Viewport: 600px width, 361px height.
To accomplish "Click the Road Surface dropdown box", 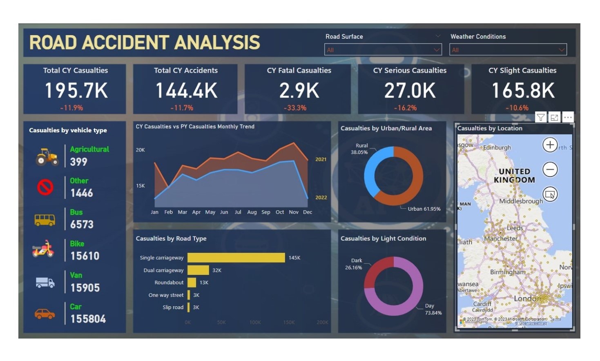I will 383,50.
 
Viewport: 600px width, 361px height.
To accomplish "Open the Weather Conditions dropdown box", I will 508,50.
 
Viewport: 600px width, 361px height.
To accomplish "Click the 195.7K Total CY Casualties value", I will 76,91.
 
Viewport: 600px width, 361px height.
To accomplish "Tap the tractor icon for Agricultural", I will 47,156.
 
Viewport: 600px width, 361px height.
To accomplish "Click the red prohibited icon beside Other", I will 45,187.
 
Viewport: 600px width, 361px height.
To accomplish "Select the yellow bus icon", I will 45,220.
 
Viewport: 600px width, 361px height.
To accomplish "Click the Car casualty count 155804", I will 88,319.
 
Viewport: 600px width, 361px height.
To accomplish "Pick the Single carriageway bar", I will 236,258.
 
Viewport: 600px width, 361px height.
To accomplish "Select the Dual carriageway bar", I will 198,270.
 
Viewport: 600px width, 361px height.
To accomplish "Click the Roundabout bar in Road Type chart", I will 192,283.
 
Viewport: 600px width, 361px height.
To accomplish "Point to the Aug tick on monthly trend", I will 252,212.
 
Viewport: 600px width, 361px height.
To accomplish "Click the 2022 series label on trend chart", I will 321,198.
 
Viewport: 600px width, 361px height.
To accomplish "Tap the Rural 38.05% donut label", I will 359,149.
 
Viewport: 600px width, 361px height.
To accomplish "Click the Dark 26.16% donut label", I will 354,264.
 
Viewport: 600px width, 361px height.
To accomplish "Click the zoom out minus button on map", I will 550,169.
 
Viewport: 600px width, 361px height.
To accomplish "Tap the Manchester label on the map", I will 501,238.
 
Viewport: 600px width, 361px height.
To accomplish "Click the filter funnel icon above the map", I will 541,118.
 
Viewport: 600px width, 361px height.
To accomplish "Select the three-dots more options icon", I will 568,118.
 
